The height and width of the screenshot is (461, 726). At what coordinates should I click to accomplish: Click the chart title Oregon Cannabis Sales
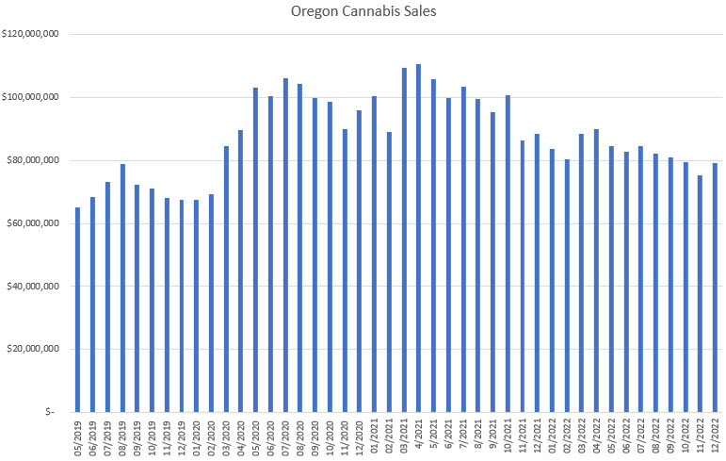click(x=363, y=12)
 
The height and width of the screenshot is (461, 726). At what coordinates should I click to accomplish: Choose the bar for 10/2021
click(x=508, y=254)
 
